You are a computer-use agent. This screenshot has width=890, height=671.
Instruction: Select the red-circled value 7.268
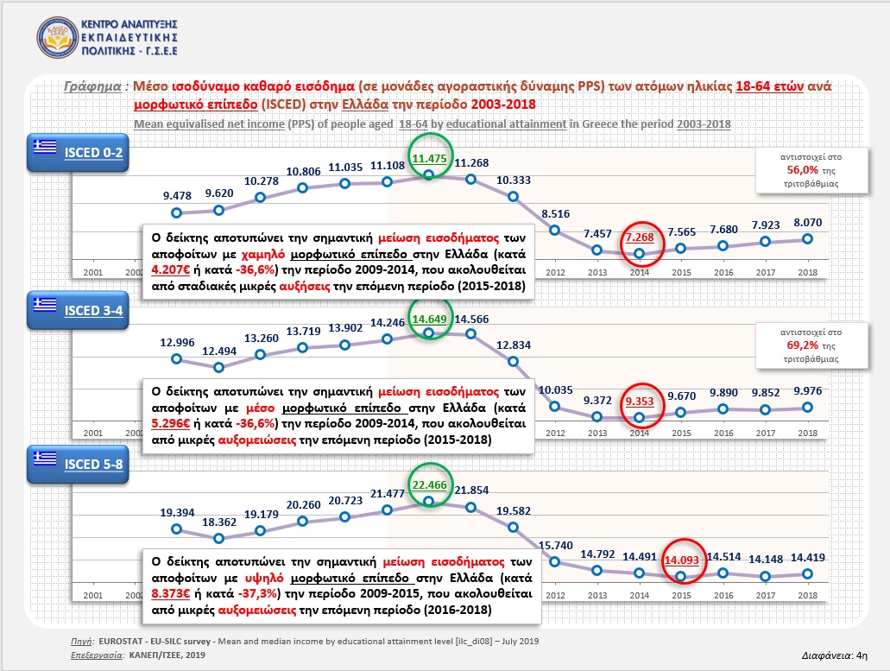pos(640,236)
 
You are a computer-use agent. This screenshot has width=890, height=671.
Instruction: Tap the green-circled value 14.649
pos(429,320)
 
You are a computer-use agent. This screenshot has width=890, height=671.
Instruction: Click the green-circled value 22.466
pos(429,484)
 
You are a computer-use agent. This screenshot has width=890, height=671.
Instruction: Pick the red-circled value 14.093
pos(681,560)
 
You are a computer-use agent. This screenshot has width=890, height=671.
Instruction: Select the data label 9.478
pos(177,195)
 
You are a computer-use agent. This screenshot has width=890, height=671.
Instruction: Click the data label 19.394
pos(177,512)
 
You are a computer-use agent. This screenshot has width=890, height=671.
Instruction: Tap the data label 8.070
pos(807,222)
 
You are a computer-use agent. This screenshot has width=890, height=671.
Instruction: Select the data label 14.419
pos(807,558)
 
